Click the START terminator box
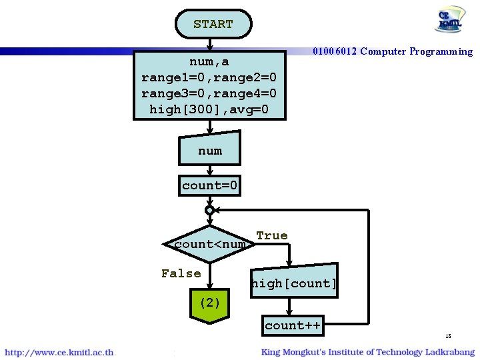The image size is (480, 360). tap(213, 24)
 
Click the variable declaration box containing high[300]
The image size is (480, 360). tap(209, 85)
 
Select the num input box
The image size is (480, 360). tap(209, 150)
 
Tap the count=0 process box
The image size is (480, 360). tap(209, 185)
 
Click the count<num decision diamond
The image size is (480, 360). tap(209, 244)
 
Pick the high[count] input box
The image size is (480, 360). tap(293, 283)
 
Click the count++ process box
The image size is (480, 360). tap(293, 325)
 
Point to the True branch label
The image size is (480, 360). tap(272, 235)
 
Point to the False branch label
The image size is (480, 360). tap(181, 273)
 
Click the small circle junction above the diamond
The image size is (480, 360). tap(209, 210)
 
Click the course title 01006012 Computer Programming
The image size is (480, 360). tap(393, 51)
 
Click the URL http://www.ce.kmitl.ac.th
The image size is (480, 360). tap(59, 352)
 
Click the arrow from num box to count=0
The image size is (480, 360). tap(209, 170)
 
